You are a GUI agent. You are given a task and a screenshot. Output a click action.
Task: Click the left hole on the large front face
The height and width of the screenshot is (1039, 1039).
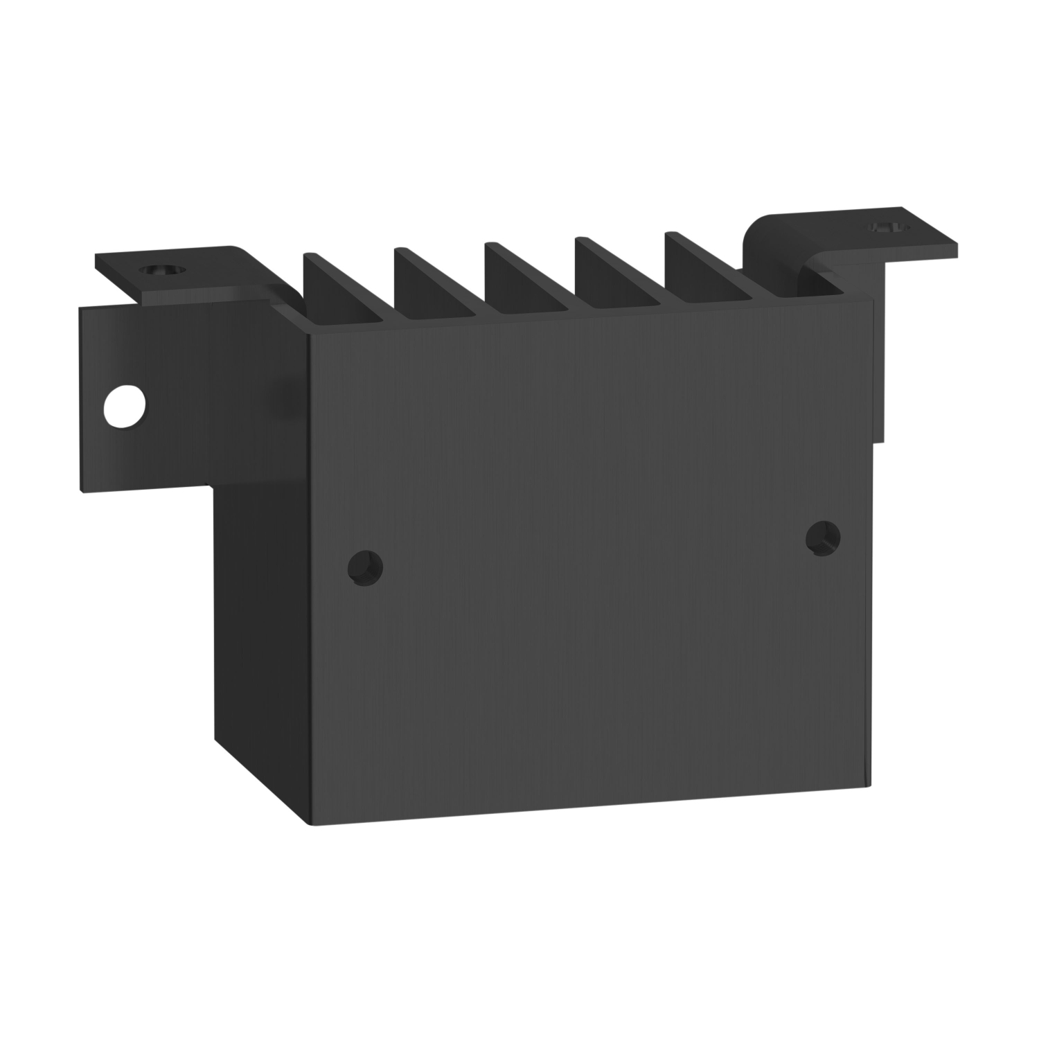click(x=365, y=568)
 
